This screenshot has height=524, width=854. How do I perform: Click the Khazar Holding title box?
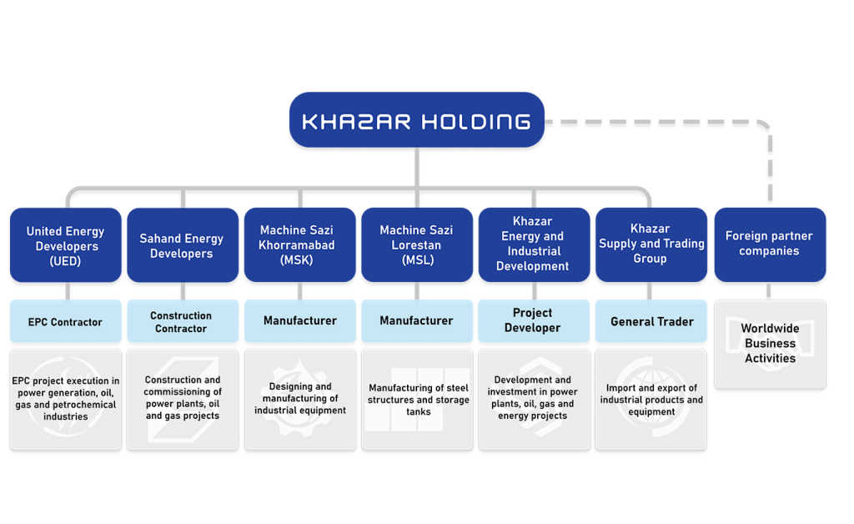click(x=416, y=122)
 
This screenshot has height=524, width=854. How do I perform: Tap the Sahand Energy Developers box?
click(x=181, y=247)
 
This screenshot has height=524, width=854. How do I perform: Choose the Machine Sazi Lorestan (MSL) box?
click(x=416, y=246)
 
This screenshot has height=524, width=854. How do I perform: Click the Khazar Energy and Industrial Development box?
click(x=533, y=246)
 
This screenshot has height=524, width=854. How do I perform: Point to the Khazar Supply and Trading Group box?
click(x=651, y=246)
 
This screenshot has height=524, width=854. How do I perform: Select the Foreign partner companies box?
click(x=769, y=244)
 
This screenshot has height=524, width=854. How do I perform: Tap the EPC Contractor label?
click(x=65, y=322)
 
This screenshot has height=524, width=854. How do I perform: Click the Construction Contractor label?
click(x=181, y=322)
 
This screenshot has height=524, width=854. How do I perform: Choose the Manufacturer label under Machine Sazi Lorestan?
click(x=416, y=321)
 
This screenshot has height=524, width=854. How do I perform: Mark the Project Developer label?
click(x=533, y=320)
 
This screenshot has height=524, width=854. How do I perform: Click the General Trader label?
click(x=651, y=322)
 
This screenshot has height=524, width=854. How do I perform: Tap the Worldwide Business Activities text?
click(x=770, y=344)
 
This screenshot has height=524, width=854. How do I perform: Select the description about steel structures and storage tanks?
click(x=416, y=400)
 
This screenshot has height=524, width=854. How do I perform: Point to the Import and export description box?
click(x=651, y=400)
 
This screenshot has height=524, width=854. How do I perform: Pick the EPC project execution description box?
click(x=65, y=400)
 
